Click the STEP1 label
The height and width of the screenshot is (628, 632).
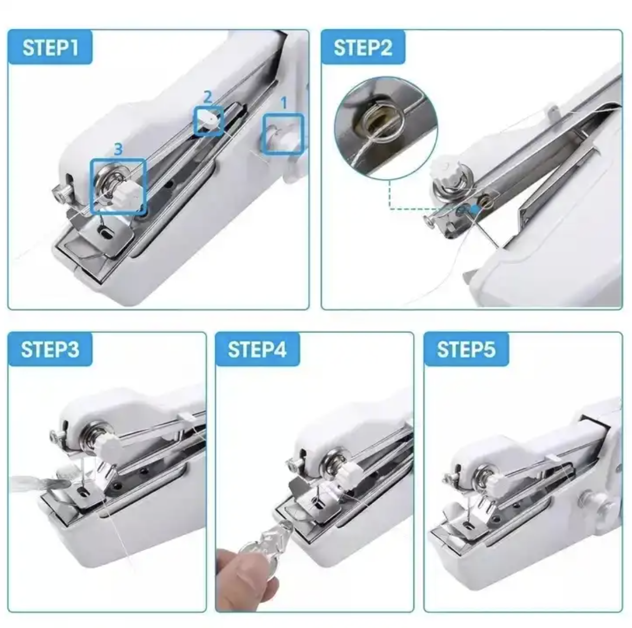click(x=50, y=47)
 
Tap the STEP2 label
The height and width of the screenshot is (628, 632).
click(x=363, y=47)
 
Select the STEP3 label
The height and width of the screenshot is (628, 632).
click(x=50, y=349)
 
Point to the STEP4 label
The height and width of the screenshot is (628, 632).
click(x=257, y=349)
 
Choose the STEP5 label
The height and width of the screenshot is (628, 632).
click(x=466, y=349)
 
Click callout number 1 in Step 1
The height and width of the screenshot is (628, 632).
click(x=283, y=103)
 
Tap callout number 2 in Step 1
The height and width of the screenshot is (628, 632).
click(x=207, y=97)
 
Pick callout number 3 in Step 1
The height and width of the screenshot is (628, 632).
click(x=118, y=149)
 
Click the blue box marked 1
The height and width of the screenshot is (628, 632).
click(x=283, y=134)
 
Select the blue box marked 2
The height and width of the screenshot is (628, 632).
click(x=208, y=120)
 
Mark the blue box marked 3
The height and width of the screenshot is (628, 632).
click(x=118, y=185)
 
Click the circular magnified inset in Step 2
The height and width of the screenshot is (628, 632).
click(x=386, y=129)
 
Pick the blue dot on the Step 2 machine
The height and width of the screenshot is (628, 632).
click(x=476, y=209)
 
